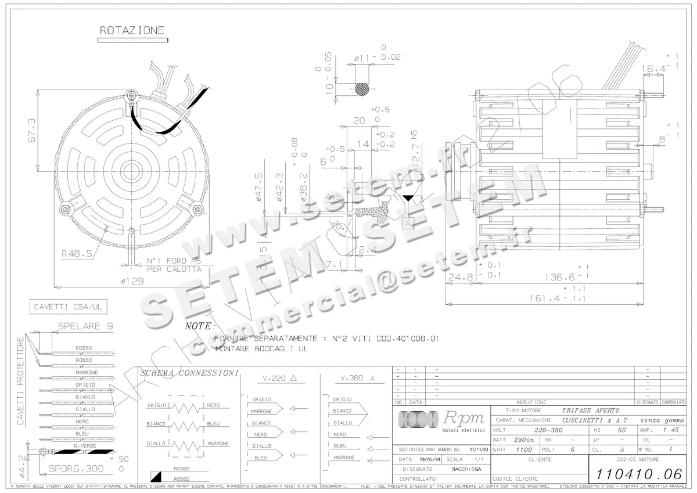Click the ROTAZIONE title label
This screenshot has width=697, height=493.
click(132, 30)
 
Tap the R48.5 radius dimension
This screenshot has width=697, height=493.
click(77, 253)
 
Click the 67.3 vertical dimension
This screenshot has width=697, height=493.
click(32, 131)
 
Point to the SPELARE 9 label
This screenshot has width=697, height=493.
click(85, 326)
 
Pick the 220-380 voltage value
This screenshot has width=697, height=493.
click(548, 430)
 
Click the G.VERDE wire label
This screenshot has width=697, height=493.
click(84, 445)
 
